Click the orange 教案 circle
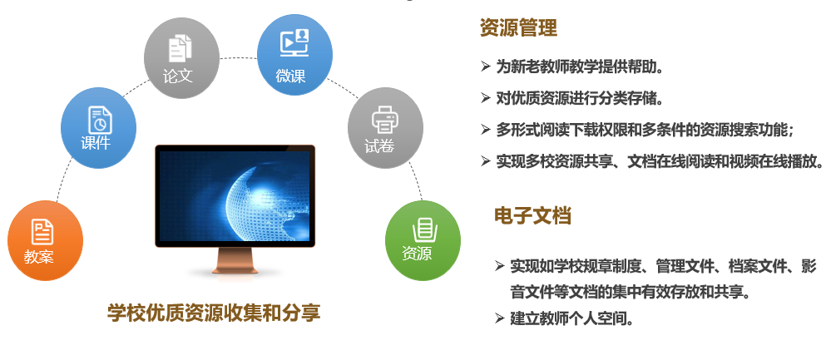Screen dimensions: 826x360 tap(45, 240)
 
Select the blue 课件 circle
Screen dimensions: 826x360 tap(98, 128)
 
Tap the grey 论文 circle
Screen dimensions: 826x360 tap(181, 58)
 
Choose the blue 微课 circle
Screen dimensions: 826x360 tap(295, 55)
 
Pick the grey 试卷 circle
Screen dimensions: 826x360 tap(386, 128)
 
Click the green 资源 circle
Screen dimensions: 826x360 tap(423, 240)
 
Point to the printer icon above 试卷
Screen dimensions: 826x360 tap(385, 119)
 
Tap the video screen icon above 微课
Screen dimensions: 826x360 tap(294, 43)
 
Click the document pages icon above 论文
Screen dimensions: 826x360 tap(181, 48)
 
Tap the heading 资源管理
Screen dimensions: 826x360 tap(518, 28)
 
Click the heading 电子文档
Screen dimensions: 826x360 tap(532, 216)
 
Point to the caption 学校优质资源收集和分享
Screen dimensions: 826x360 tap(214, 313)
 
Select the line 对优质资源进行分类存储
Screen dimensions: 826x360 tap(580, 98)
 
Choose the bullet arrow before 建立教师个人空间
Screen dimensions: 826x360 tap(499, 318)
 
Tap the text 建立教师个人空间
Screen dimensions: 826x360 tap(571, 318)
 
